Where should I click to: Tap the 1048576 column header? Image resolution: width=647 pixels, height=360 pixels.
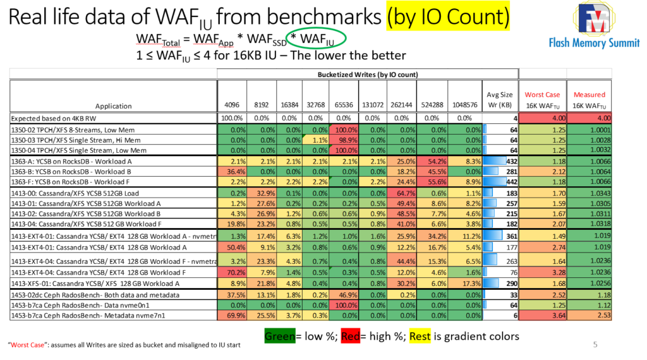[x=464, y=105]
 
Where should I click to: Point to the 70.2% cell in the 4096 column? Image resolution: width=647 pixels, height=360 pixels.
[x=231, y=272]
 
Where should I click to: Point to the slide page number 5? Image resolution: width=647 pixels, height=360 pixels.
[x=595, y=345]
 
